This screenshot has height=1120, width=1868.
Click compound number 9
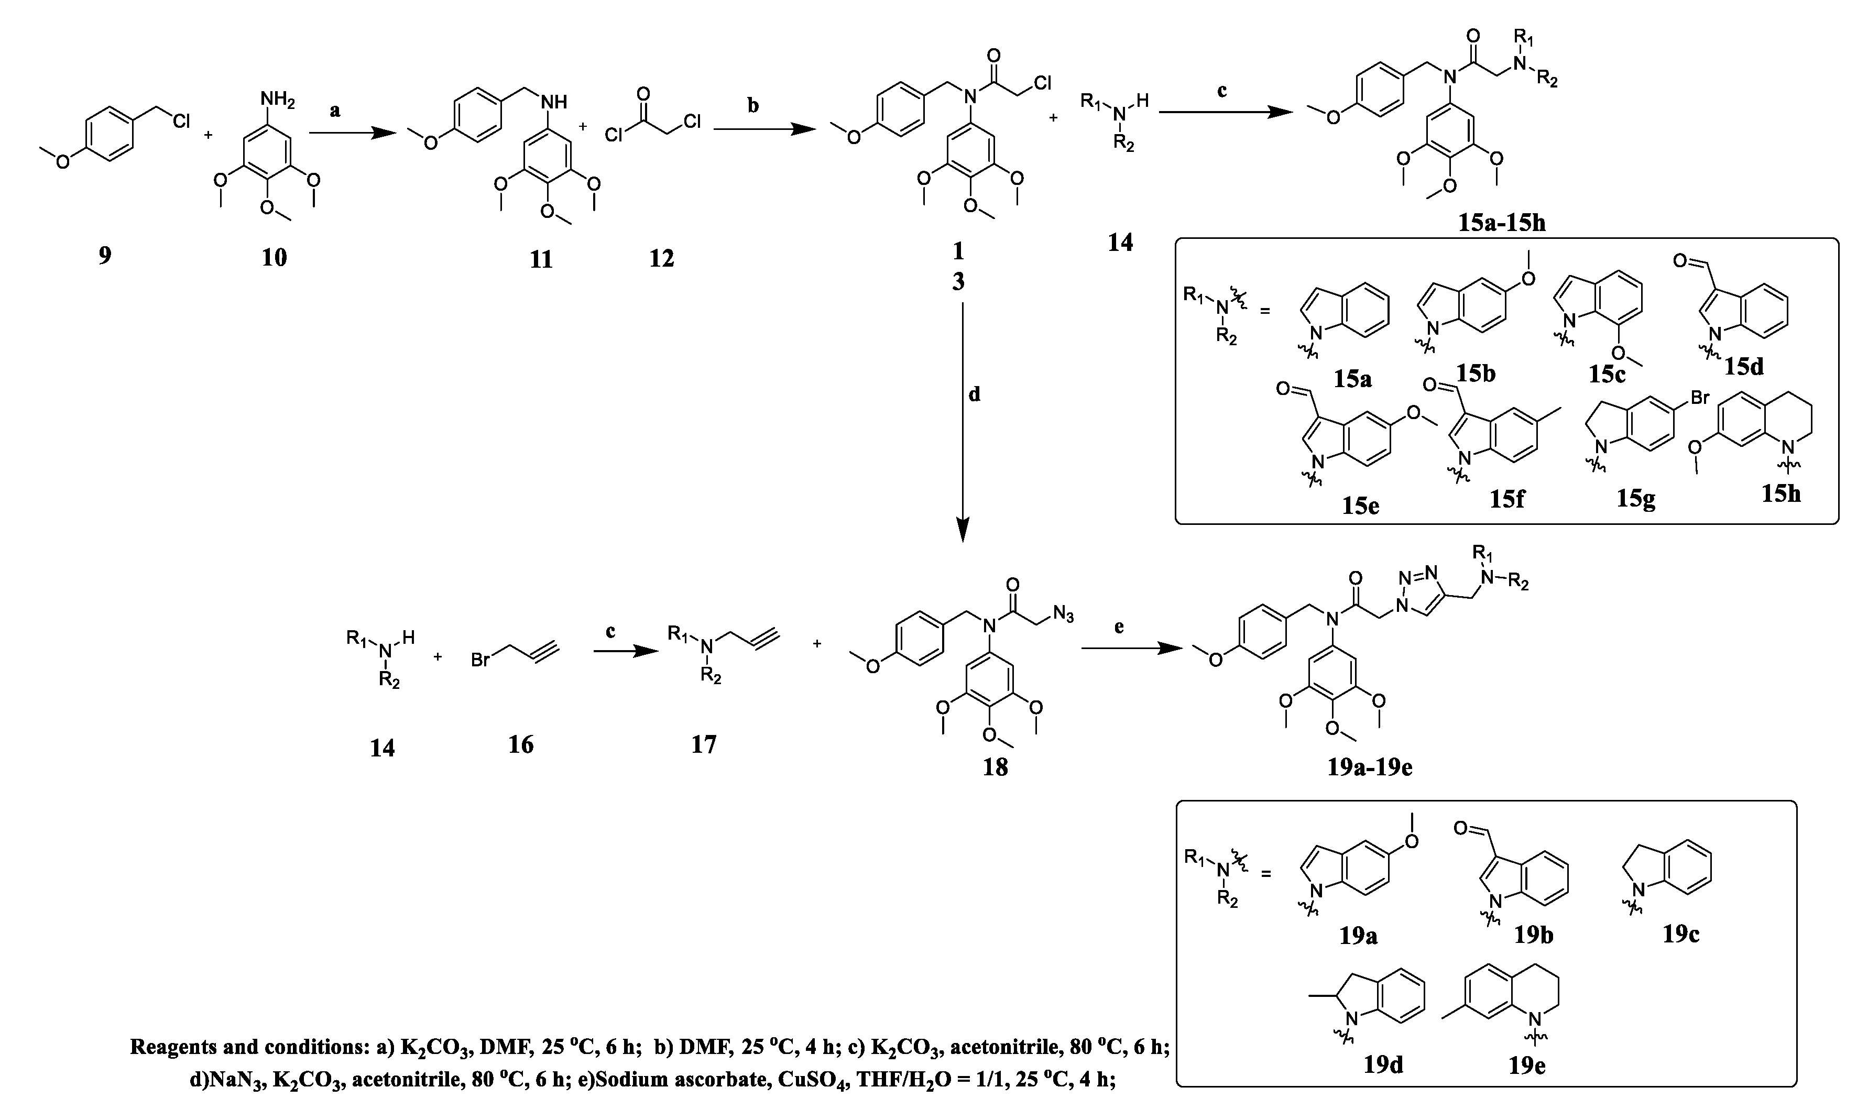tap(104, 255)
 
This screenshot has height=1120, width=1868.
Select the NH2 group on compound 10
tap(277, 99)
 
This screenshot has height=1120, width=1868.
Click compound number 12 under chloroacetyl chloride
tap(661, 258)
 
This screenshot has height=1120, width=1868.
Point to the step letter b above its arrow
tap(753, 105)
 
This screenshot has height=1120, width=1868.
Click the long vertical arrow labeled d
tap(963, 423)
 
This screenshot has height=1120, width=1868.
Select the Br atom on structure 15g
tap(1699, 398)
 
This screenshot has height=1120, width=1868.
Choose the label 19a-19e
tap(1370, 767)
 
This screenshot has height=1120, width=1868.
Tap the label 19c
tap(1681, 934)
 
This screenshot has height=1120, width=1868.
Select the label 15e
tap(1360, 505)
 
